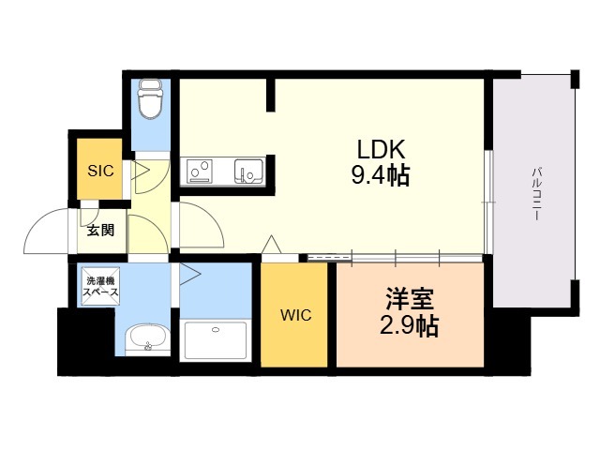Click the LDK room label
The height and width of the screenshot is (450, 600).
(380, 148)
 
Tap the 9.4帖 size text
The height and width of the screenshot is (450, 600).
(380, 174)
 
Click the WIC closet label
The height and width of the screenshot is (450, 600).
(294, 315)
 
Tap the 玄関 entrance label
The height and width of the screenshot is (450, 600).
(100, 230)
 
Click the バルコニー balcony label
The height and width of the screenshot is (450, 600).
(537, 193)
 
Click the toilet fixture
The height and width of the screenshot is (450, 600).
(150, 100)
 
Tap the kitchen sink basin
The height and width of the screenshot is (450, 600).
(249, 171)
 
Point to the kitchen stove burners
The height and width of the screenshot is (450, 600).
(200, 171)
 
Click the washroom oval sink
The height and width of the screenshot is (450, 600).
(148, 338)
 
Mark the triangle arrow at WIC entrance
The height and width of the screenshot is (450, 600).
(271, 245)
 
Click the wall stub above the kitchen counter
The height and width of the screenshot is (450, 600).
(270, 94)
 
